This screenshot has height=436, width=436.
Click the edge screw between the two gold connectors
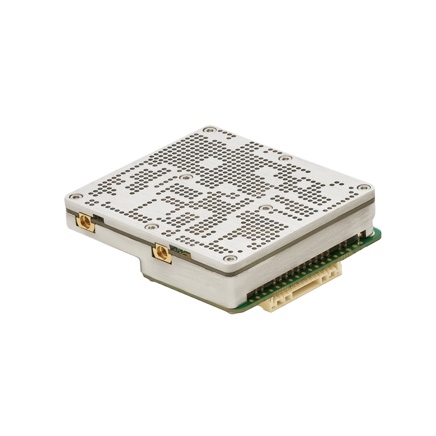pyautogui.click(x=149, y=224)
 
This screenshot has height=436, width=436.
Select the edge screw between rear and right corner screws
pyautogui.click(x=285, y=159)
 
